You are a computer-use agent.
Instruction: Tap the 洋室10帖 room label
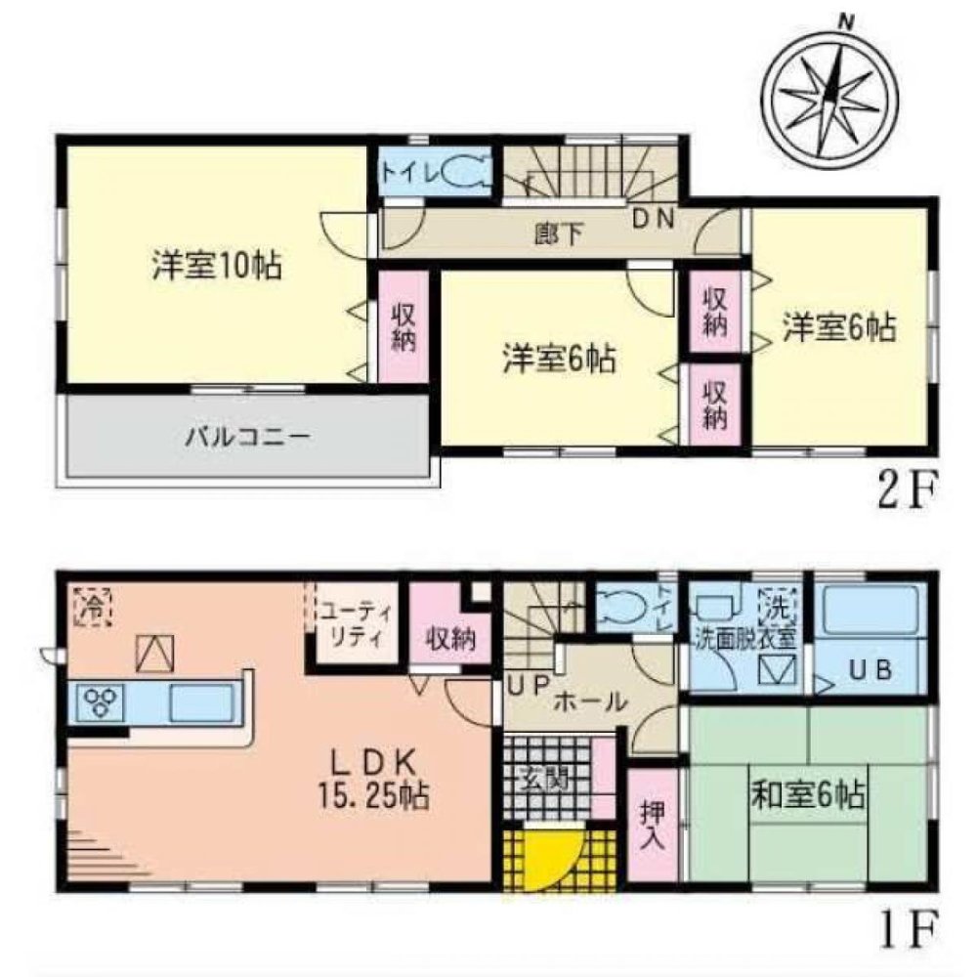tap(216, 265)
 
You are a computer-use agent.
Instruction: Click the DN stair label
tap(652, 220)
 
